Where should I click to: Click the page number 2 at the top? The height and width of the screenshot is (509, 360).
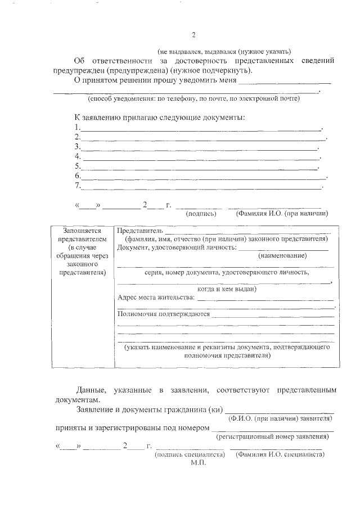pos(193,35)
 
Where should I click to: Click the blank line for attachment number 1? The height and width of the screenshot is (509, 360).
pos(200,129)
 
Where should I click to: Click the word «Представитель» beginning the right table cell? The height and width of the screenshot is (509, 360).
pos(140,231)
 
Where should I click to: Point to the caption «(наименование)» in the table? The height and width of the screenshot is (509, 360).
pos(282,256)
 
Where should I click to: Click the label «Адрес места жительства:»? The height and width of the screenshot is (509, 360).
pos(156,297)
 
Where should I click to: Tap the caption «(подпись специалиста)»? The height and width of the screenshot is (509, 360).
pos(190,454)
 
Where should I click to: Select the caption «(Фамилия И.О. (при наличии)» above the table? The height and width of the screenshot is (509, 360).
pos(282,214)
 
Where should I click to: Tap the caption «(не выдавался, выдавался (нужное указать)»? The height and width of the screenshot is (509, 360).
pos(224,51)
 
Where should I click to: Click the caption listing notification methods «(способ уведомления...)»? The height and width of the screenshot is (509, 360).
pos(193,99)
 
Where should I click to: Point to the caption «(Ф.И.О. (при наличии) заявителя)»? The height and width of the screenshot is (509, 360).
pos(279,419)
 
